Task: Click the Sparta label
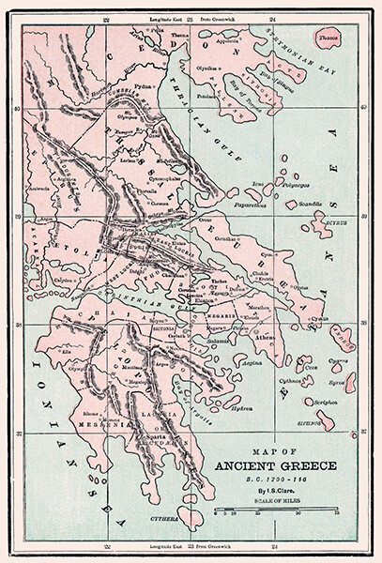click(152, 437)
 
